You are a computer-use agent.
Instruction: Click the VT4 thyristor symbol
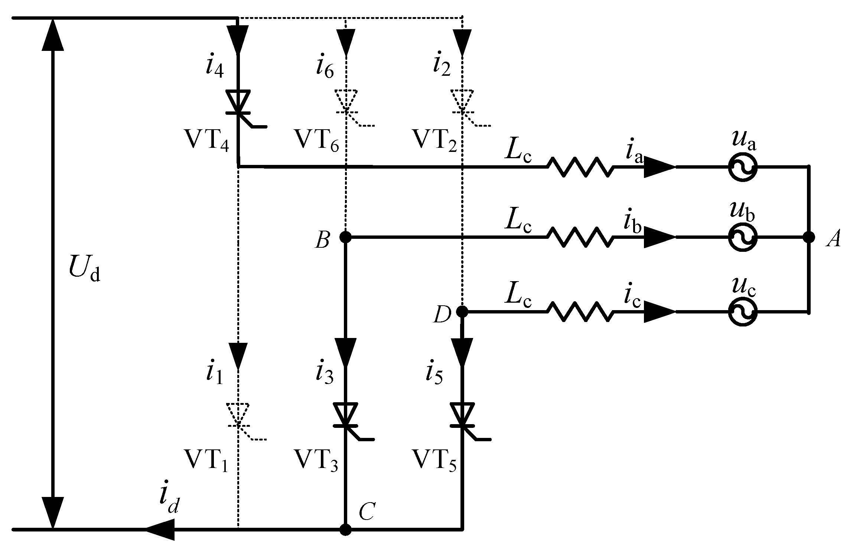[238, 102]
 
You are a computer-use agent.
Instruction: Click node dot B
[345, 237]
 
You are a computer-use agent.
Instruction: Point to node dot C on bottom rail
[345, 530]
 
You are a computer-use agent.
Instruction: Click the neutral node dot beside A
[808, 237]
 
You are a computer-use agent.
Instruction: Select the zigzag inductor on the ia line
[579, 167]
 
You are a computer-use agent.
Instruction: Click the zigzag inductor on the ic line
[579, 312]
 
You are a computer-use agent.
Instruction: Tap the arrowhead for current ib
[659, 237]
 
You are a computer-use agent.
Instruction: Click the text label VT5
[434, 461]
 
